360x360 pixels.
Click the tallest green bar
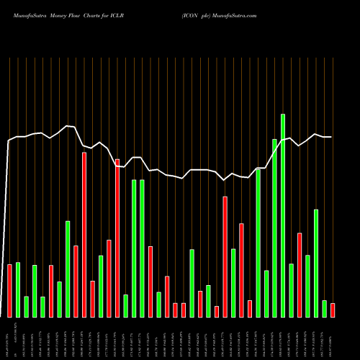pos(283,215)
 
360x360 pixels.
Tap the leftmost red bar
pos(10,291)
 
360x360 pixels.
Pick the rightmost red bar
pos(333,310)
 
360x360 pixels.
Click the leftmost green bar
pos(18,290)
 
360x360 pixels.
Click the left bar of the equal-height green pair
pos(134,248)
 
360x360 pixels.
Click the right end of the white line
pos(332,137)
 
